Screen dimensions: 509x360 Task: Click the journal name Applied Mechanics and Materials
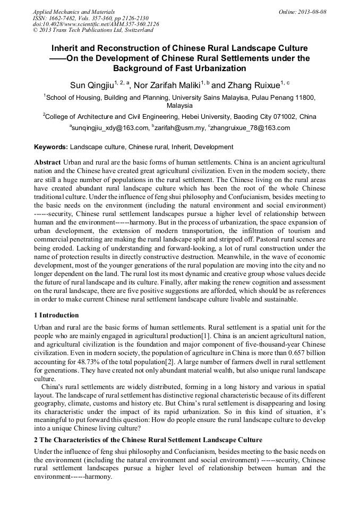tap(73, 11)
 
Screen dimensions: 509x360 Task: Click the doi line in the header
tap(96, 24)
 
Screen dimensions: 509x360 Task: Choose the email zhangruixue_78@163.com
tap(251, 128)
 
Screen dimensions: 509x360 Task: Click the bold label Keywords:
tap(51, 147)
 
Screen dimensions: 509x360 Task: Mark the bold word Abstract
tap(47, 161)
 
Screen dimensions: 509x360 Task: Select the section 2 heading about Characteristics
tap(148, 440)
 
